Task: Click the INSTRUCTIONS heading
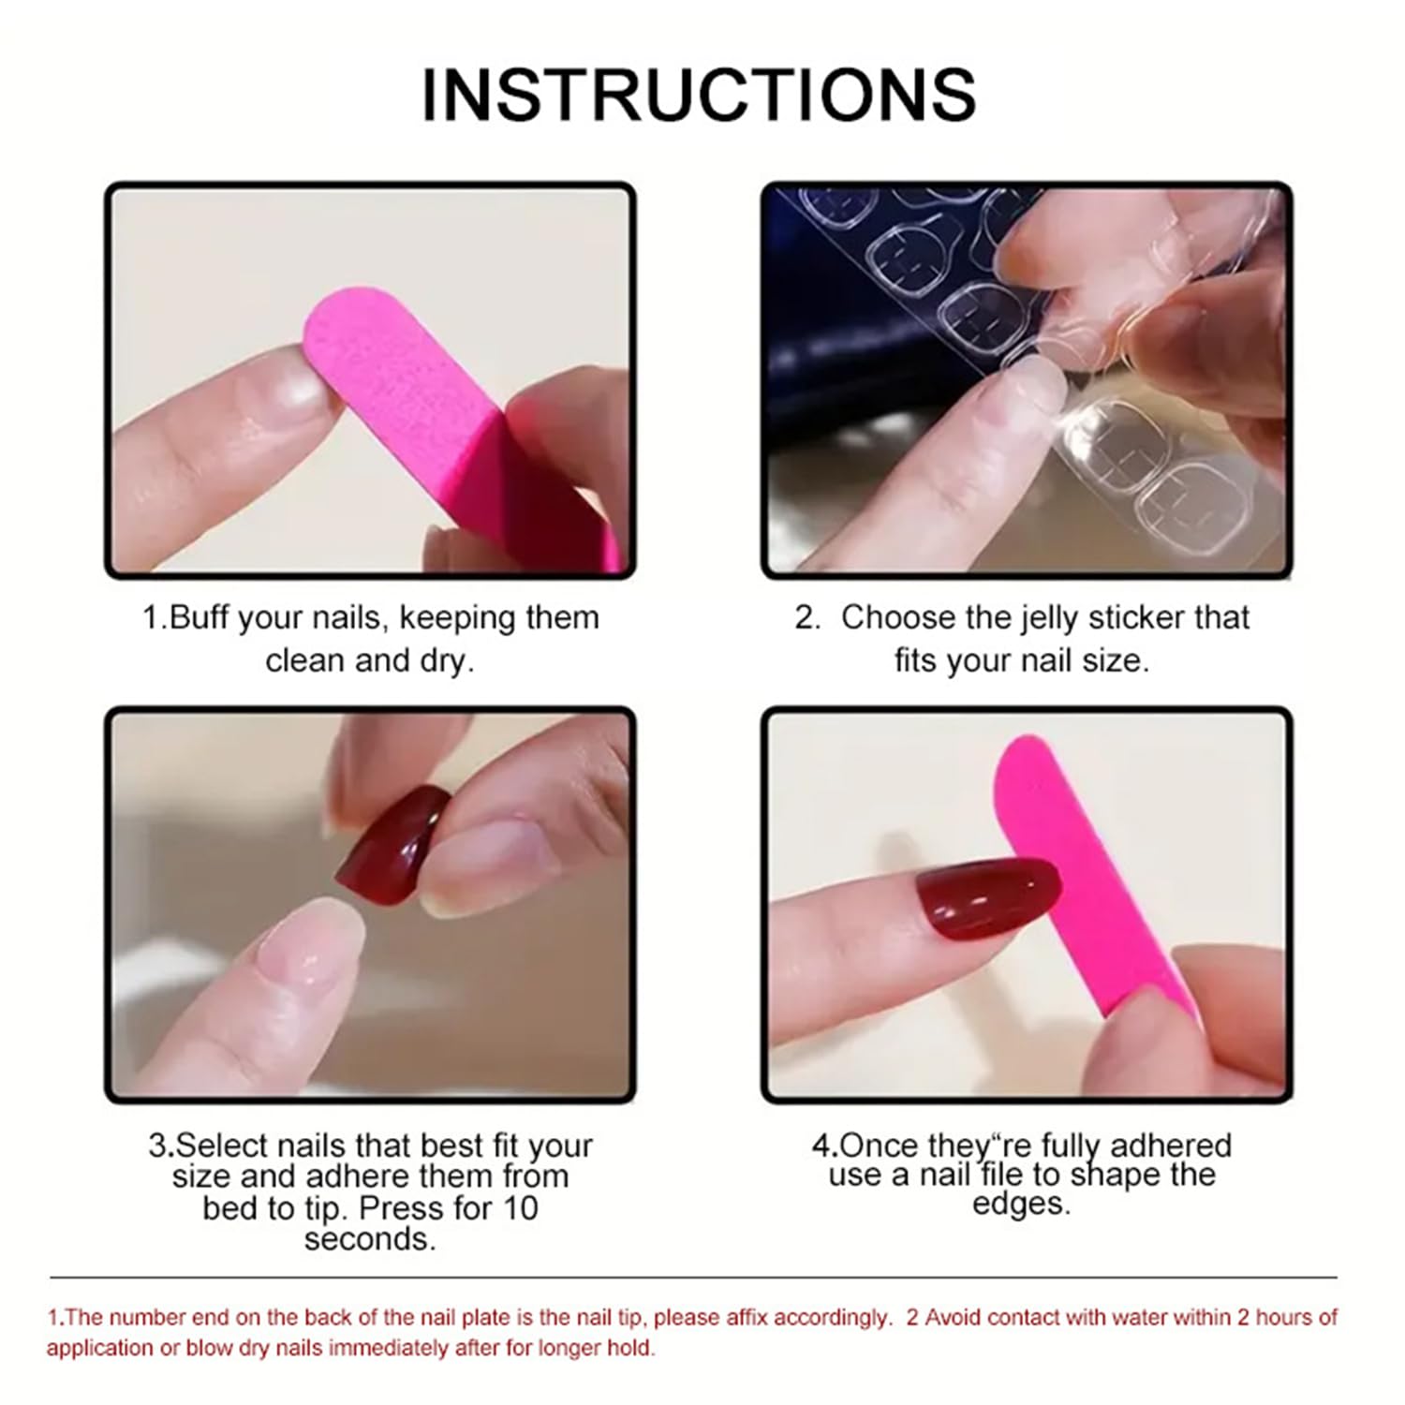(699, 95)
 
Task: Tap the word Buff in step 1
(199, 618)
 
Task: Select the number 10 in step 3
(520, 1208)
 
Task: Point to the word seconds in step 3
(370, 1239)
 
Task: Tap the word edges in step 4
(1021, 1205)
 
